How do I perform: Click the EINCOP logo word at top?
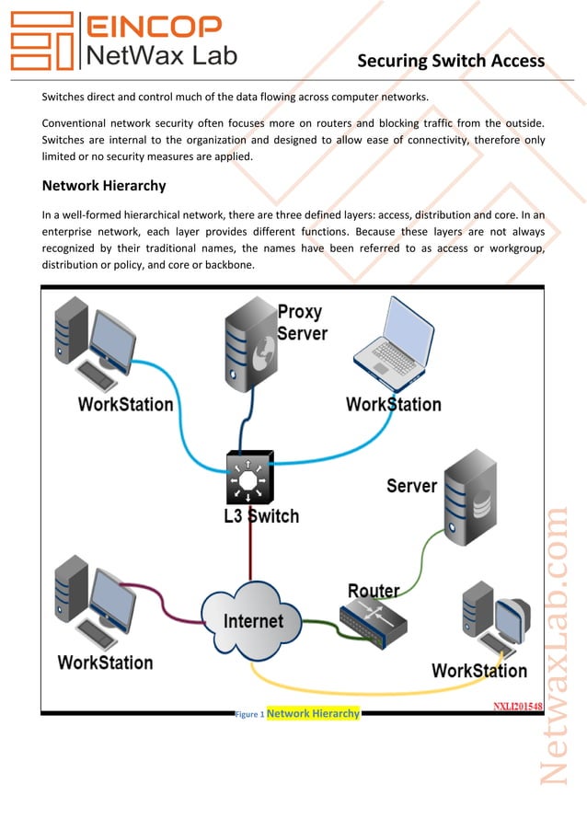click(153, 26)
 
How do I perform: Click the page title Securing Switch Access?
click(451, 62)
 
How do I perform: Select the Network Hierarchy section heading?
click(104, 186)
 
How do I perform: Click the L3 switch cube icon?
click(247, 477)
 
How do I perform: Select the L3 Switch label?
click(261, 516)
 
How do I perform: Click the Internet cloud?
click(253, 620)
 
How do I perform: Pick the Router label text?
click(374, 591)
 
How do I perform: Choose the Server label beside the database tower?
click(411, 486)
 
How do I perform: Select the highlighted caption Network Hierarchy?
click(313, 714)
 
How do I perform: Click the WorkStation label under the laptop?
click(393, 405)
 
